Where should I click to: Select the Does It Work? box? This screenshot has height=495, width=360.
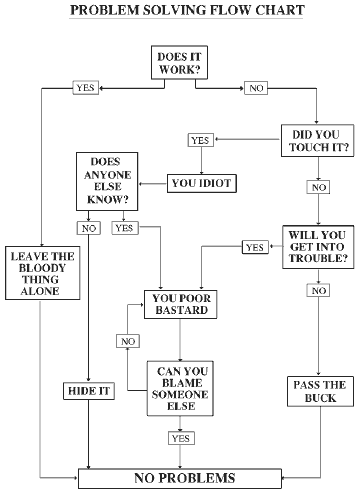click(179, 64)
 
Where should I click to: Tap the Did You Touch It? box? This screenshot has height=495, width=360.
click(315, 139)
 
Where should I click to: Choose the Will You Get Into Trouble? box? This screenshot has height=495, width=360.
click(315, 245)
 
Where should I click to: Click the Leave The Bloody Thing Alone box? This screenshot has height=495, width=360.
click(39, 272)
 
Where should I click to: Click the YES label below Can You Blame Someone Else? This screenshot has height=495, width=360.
click(181, 437)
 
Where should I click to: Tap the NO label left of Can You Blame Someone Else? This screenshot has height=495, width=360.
click(128, 342)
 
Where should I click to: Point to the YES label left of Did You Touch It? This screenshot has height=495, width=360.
click(199, 140)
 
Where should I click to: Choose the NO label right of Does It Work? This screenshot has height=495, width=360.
click(257, 88)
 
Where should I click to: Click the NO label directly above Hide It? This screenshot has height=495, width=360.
click(89, 228)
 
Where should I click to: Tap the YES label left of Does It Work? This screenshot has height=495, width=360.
click(86, 88)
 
